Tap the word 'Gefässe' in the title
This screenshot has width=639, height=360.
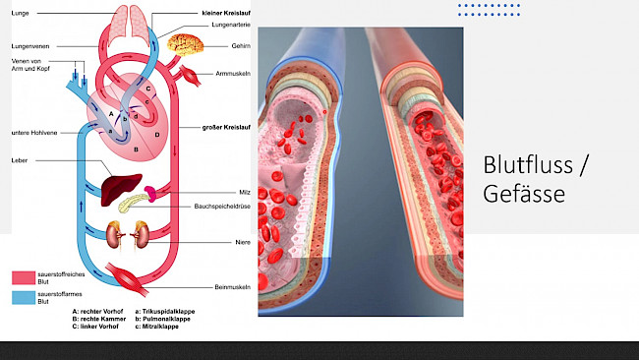pos(524,195)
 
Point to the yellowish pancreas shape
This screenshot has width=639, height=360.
pos(137,204)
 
